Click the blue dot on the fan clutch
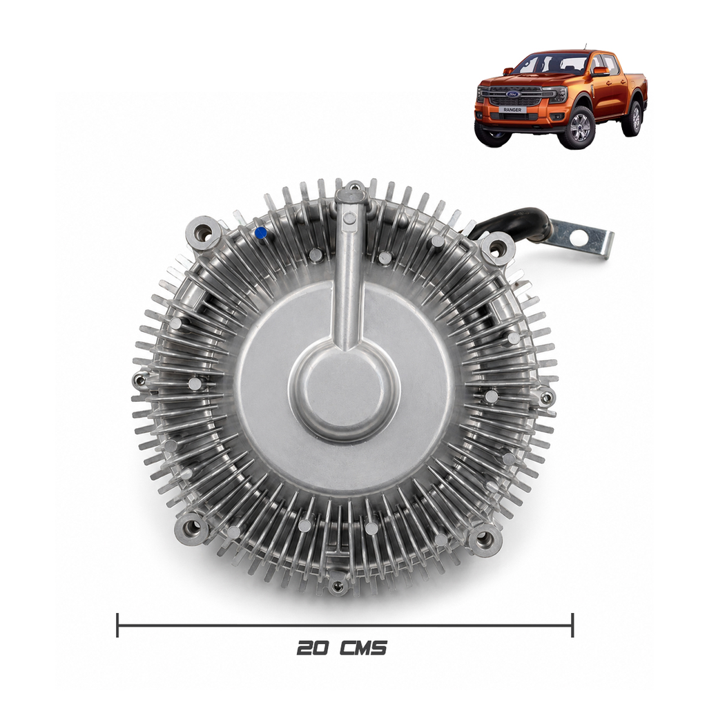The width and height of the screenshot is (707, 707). (x=260, y=233)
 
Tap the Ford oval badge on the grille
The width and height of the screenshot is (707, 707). (x=513, y=94)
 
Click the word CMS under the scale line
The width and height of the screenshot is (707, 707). (x=363, y=648)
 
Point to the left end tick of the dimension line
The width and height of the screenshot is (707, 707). (x=117, y=625)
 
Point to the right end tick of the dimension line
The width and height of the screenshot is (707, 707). (x=572, y=625)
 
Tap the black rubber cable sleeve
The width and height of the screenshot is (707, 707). (x=514, y=222)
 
